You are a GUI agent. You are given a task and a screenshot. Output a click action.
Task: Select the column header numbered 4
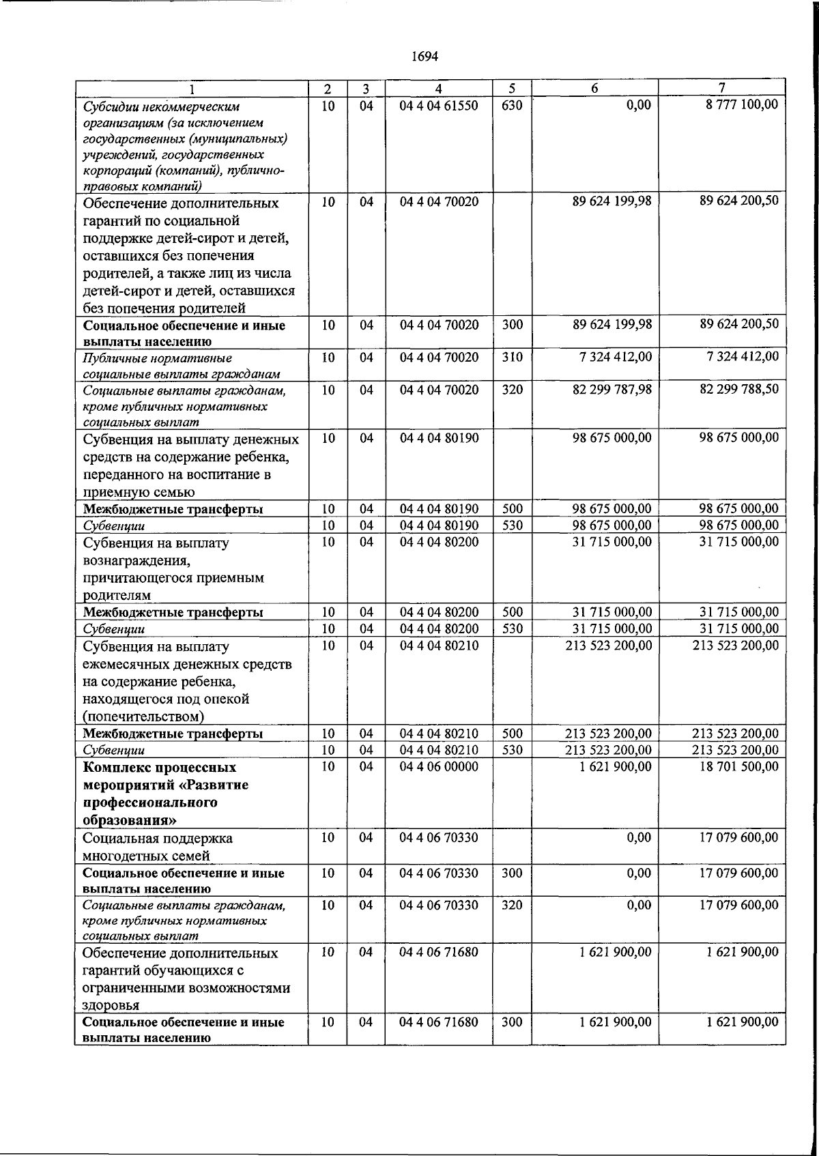click(x=438, y=89)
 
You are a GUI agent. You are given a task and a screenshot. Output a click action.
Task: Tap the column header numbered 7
click(x=721, y=88)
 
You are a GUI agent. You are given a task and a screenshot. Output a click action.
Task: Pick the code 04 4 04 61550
click(x=438, y=106)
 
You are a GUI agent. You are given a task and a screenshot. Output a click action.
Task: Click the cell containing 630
click(x=511, y=106)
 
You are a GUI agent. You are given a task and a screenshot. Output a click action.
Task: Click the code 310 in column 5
click(x=511, y=357)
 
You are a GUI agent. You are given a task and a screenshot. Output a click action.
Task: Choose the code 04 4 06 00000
click(x=438, y=767)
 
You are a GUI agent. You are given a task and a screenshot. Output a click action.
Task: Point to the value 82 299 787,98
click(x=612, y=390)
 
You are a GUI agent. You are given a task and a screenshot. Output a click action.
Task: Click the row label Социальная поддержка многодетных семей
click(x=157, y=847)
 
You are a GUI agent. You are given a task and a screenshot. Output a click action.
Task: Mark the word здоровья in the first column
click(x=111, y=1005)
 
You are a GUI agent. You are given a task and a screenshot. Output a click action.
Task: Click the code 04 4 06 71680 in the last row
click(x=438, y=1022)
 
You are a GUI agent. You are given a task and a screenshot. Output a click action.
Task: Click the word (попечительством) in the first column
click(x=143, y=717)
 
